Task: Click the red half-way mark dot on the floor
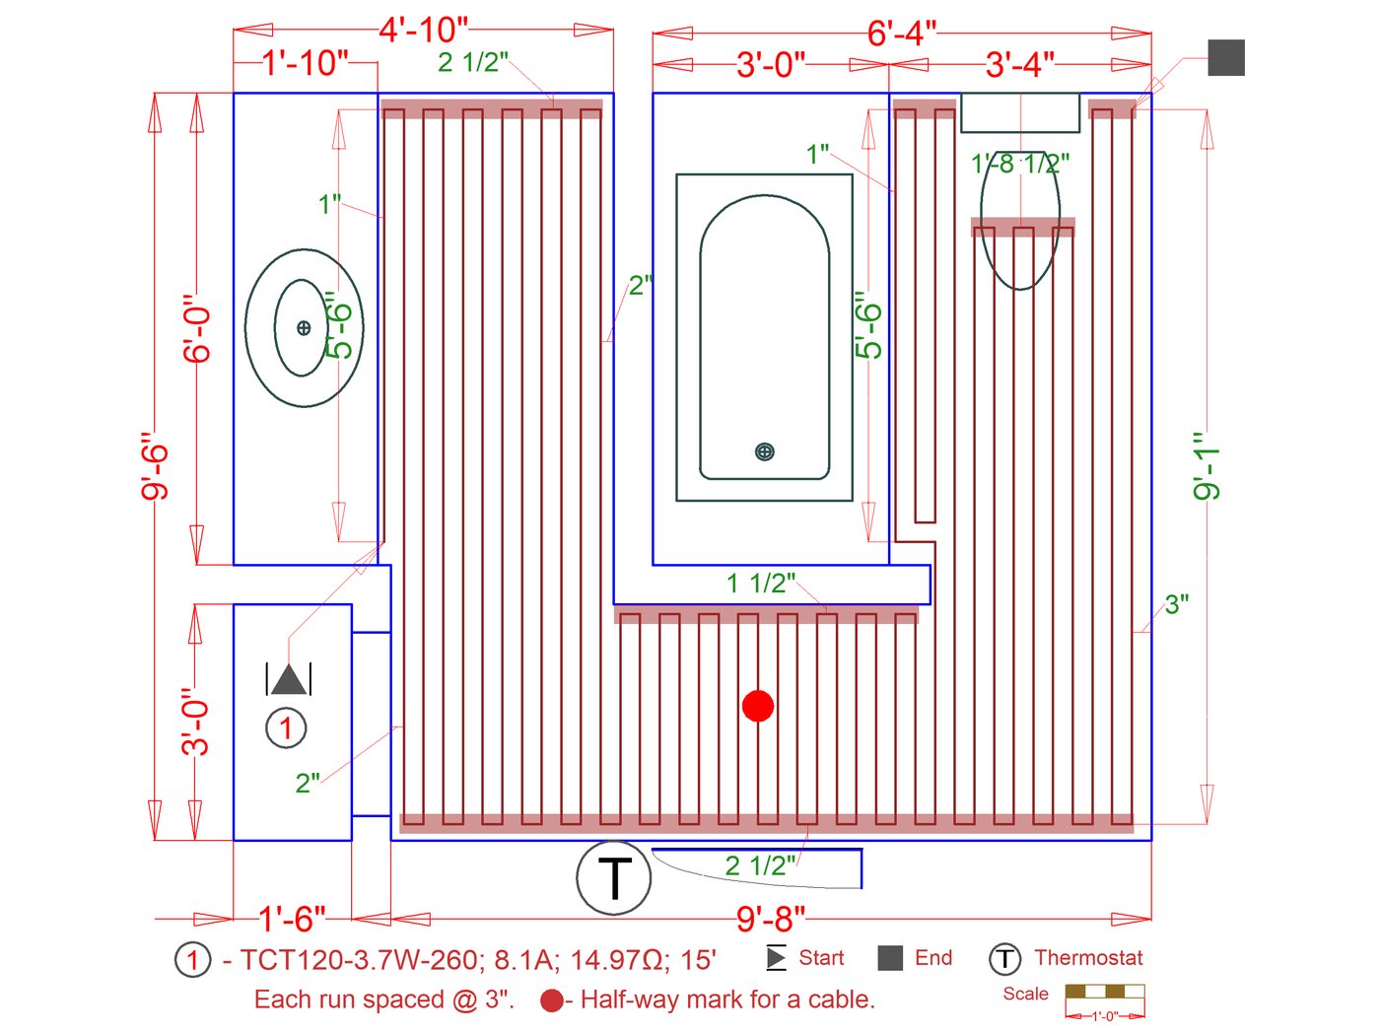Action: (757, 706)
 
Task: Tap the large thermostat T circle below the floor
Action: (614, 877)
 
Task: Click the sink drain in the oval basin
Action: (304, 327)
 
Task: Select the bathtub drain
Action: (764, 451)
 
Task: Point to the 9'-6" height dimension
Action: (155, 465)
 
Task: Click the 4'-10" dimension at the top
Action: (424, 30)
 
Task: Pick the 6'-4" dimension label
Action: (901, 33)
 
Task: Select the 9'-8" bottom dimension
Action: (771, 919)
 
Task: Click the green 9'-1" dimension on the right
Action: (1207, 465)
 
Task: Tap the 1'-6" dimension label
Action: (292, 919)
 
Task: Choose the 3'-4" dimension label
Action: (1019, 65)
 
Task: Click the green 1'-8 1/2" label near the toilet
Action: (1019, 163)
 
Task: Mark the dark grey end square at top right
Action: (1226, 57)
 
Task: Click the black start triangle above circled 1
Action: (288, 680)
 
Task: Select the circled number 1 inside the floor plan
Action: (286, 728)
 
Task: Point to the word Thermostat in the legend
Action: (1088, 957)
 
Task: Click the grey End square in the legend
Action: (890, 957)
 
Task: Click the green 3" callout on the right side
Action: (1176, 604)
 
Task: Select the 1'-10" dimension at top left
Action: (306, 63)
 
